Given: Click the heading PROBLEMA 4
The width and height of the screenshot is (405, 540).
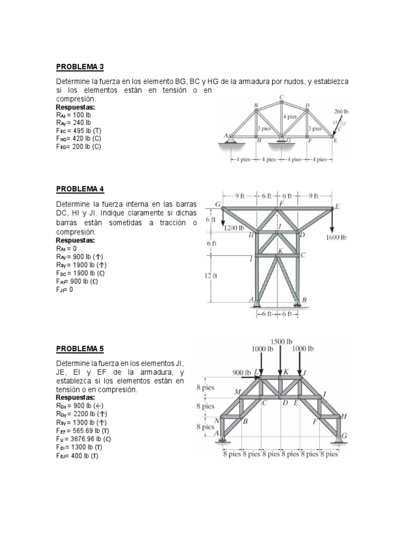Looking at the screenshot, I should click(80, 189).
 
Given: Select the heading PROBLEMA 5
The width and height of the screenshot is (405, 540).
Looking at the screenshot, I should click(80, 349).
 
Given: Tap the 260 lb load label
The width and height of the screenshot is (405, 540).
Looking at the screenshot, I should click(341, 112).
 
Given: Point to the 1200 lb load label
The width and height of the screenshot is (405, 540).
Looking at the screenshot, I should click(234, 228).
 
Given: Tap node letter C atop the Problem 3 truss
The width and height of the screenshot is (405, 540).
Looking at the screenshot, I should click(282, 97).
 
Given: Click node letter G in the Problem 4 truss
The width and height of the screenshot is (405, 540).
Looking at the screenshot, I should click(217, 203).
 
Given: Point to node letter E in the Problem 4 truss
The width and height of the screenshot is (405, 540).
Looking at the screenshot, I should click(337, 207).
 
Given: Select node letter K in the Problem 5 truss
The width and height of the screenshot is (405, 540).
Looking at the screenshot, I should click(286, 371).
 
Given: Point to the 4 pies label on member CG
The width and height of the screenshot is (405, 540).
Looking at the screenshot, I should click(290, 116).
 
